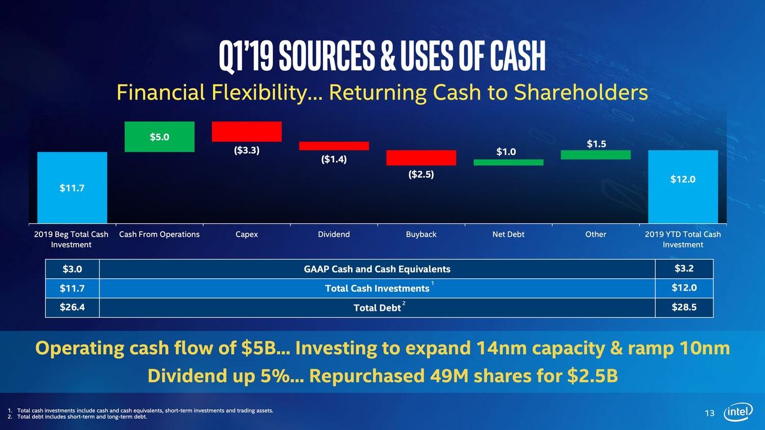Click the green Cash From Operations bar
coord(160,137)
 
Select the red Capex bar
coord(246,132)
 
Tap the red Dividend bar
coord(334,146)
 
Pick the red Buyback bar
coord(421,157)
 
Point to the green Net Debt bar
coord(508,162)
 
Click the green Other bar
coord(596,155)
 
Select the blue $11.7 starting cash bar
coord(72,188)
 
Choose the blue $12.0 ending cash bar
coord(683,187)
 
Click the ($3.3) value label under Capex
coord(246,150)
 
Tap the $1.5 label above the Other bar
coord(596,144)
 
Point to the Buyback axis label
coord(421,234)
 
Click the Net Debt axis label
coord(508,234)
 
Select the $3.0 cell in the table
coord(72,269)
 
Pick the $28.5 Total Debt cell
coord(684,307)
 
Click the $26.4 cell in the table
coord(72,307)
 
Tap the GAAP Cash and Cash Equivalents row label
coord(377,269)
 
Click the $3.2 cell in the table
coord(684,268)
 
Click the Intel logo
coord(738,412)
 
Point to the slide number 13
coord(709,413)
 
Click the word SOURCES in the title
coord(327,56)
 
